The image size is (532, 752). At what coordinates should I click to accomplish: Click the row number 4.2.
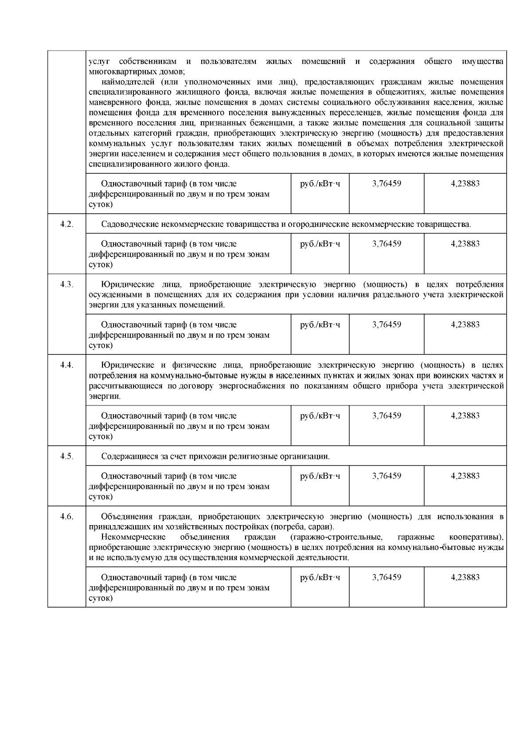point(66,224)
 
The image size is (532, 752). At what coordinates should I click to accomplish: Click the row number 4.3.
point(66,284)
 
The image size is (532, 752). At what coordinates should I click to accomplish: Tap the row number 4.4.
point(66,365)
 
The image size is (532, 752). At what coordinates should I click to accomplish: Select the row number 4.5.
point(66,456)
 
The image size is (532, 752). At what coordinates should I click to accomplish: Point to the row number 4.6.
point(66,517)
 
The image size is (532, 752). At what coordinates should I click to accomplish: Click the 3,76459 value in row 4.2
point(387,244)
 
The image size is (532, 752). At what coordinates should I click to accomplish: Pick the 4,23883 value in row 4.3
point(465,324)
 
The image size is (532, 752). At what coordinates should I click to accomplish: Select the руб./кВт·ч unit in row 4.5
point(320,476)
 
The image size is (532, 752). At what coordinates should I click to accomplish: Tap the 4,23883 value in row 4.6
point(465,577)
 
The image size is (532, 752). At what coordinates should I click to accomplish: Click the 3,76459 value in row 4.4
point(387,416)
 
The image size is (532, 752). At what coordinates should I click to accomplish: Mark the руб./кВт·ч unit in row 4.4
point(320,416)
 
